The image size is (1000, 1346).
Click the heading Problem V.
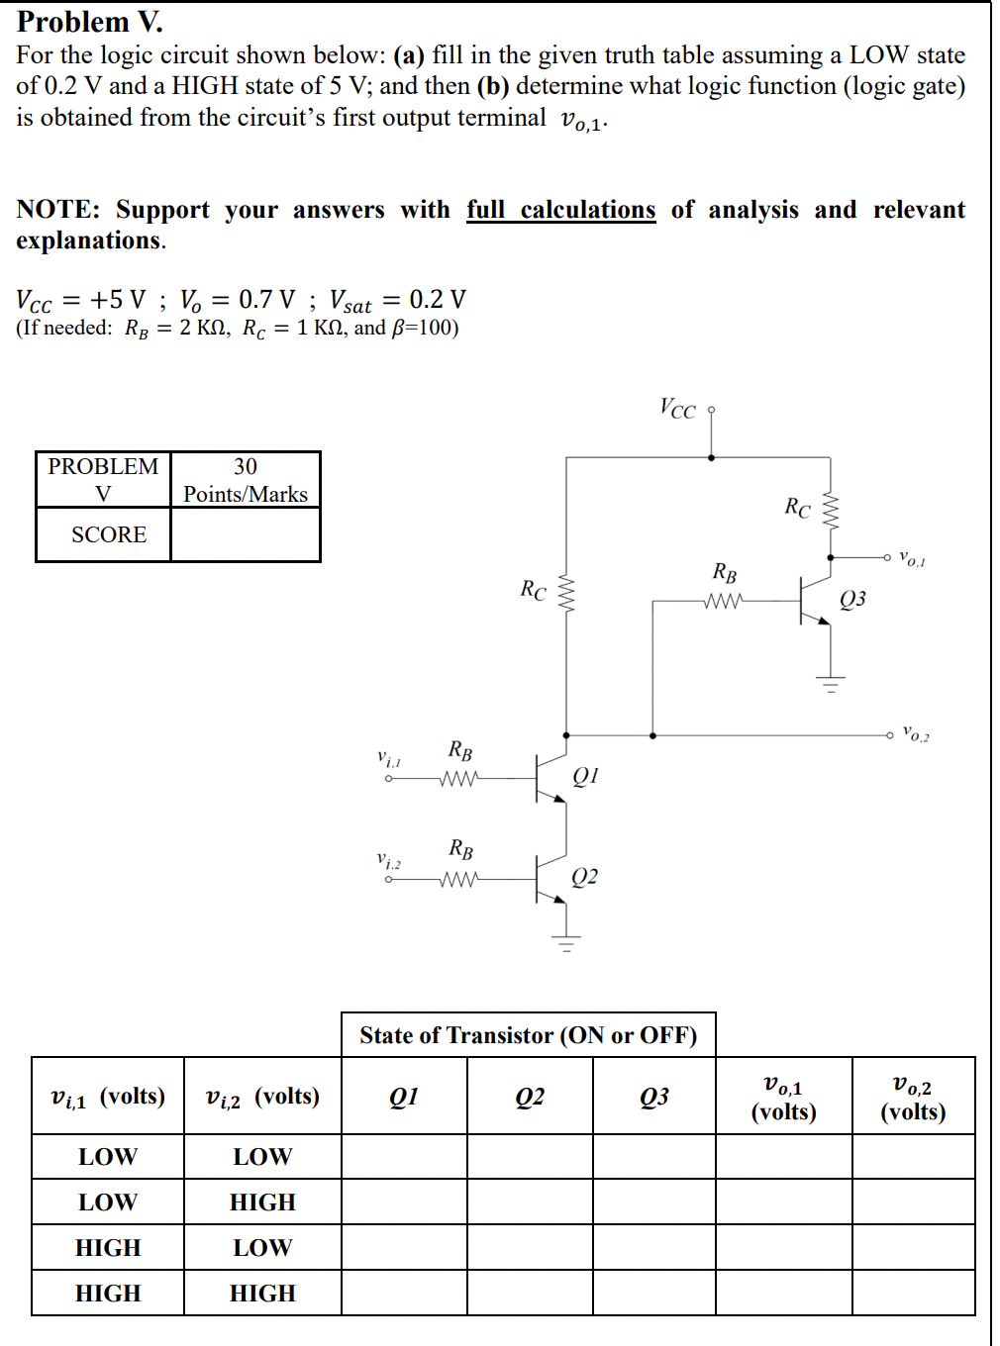[x=90, y=22]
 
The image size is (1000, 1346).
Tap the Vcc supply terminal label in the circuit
[x=678, y=409]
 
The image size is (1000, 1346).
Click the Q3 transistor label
[x=852, y=599]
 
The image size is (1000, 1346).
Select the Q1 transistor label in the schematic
[x=585, y=775]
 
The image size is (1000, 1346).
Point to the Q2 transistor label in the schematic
[x=584, y=877]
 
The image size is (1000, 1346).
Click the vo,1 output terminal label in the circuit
[x=912, y=559]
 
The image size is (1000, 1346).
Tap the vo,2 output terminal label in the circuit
[x=915, y=735]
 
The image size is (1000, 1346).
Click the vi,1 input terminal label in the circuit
[x=389, y=759]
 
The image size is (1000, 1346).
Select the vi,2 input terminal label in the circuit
[x=389, y=861]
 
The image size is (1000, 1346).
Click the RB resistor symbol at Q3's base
[x=724, y=601]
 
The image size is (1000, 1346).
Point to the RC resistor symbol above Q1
[x=566, y=594]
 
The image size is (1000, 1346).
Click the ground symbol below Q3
[x=831, y=684]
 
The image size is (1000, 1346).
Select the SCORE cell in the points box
[x=108, y=534]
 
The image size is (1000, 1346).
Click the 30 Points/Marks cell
[x=246, y=480]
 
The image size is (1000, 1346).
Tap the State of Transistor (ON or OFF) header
[x=528, y=1035]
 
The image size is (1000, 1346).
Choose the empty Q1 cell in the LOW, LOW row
[x=404, y=1156]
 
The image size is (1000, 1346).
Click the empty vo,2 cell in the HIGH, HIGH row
[x=913, y=1293]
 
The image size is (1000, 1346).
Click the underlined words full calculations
[x=560, y=210]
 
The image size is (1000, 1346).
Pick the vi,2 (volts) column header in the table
[x=262, y=1097]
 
